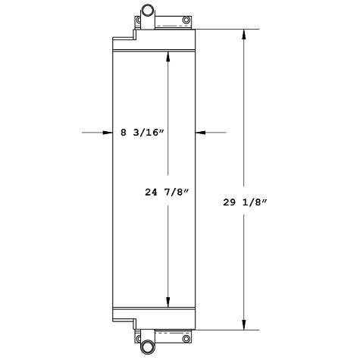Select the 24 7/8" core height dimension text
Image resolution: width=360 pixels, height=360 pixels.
coord(167,193)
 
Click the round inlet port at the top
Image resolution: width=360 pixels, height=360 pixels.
coord(146,11)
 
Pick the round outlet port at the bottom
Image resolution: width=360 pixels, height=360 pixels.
coord(146,348)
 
